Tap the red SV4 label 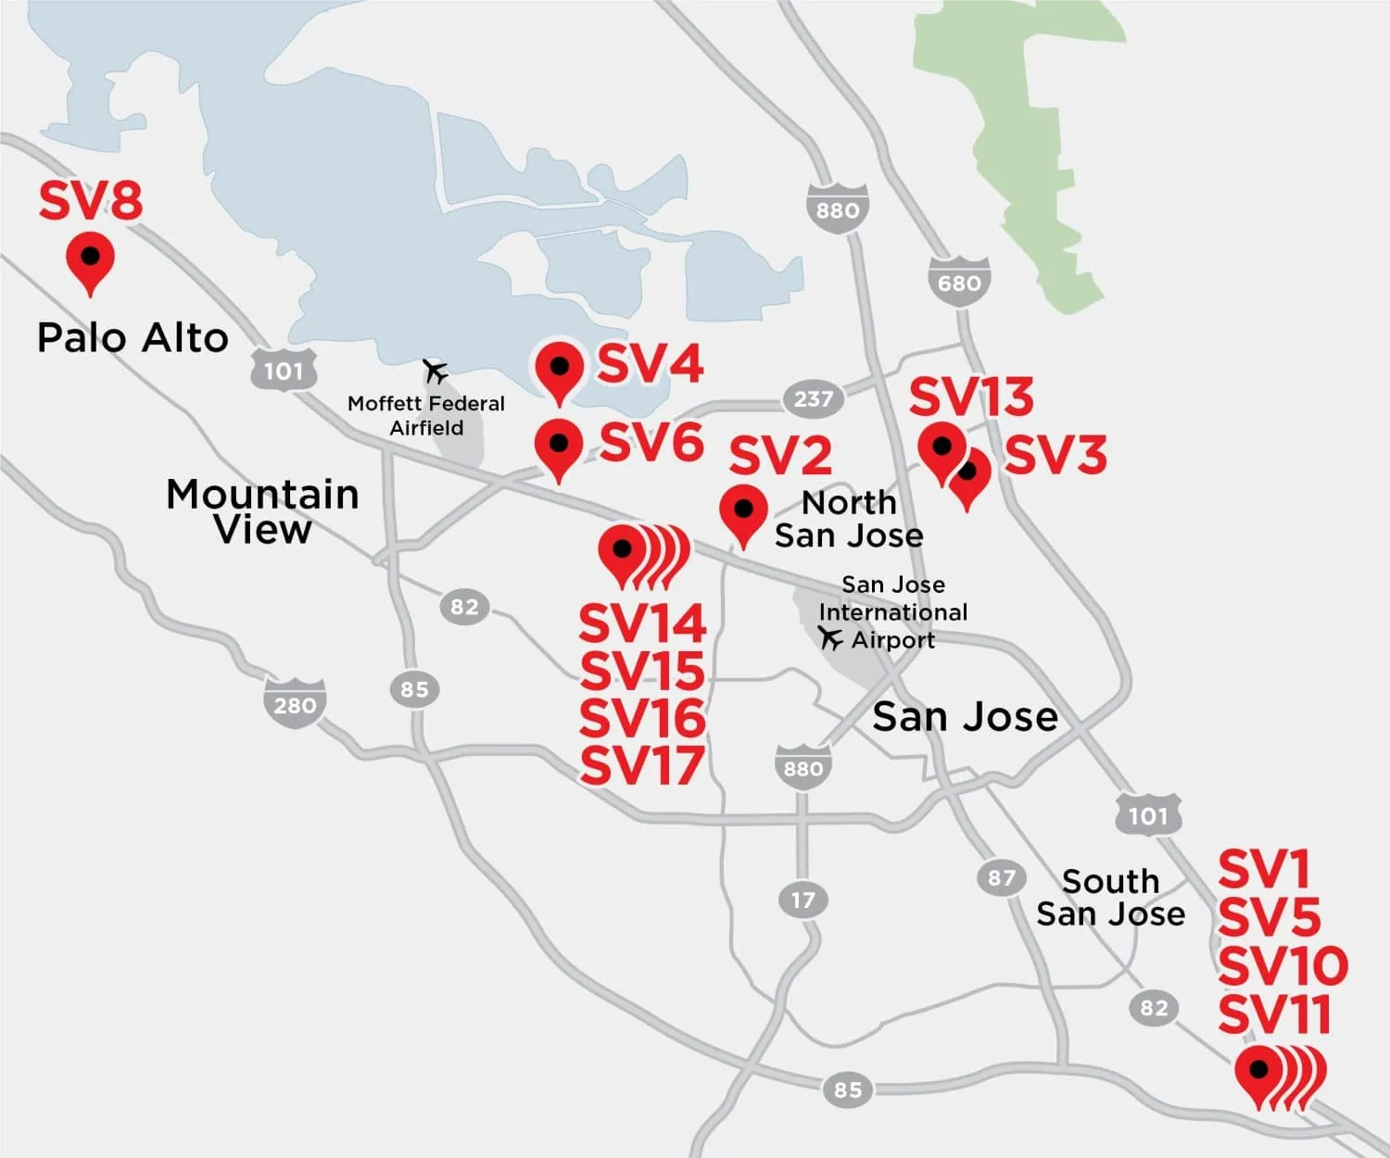click(x=650, y=364)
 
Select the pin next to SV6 click(x=559, y=447)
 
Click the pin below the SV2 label click(x=743, y=512)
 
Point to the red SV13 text click(x=970, y=397)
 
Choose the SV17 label click(x=642, y=766)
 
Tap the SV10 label click(x=1283, y=966)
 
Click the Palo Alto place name click(x=133, y=338)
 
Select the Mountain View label click(x=262, y=511)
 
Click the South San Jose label click(x=1110, y=898)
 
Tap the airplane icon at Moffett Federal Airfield click(x=435, y=371)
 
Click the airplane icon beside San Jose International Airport click(x=830, y=638)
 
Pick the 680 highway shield click(x=959, y=282)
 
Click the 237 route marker click(x=813, y=399)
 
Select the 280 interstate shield click(x=295, y=705)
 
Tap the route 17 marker click(x=802, y=900)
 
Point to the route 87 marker click(x=1001, y=877)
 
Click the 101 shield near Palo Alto click(x=284, y=371)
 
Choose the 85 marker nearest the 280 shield click(x=414, y=689)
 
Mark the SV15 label click(x=642, y=671)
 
